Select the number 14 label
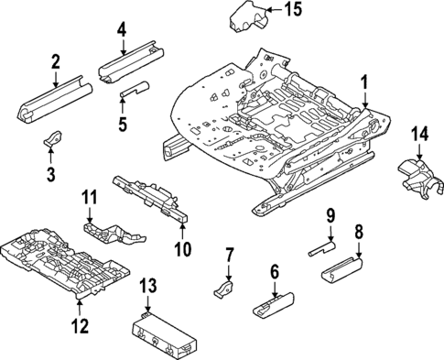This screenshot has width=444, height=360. (420, 135)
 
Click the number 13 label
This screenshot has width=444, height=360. (147, 288)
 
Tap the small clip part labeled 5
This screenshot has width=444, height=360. (135, 88)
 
